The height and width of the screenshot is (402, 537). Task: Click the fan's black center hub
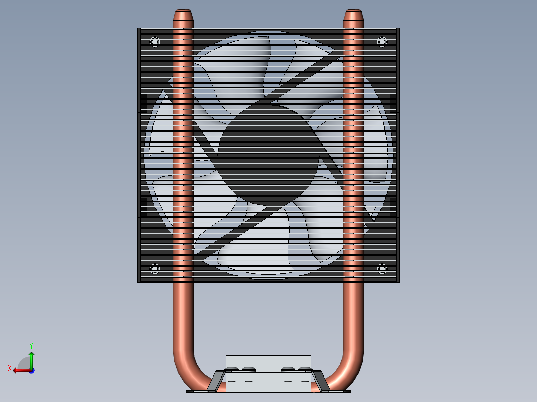pyautogui.click(x=268, y=154)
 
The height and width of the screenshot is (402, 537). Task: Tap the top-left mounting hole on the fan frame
pyautogui.click(x=154, y=42)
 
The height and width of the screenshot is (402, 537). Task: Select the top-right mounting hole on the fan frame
pyautogui.click(x=382, y=42)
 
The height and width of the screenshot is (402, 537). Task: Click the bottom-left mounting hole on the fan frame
pyautogui.click(x=154, y=269)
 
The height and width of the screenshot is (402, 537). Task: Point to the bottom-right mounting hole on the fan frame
pyautogui.click(x=382, y=269)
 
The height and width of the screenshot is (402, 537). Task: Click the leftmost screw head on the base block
pyautogui.click(x=232, y=369)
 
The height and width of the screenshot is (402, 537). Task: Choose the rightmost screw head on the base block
pyautogui.click(x=305, y=369)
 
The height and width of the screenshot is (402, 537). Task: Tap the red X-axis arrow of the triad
pyautogui.click(x=20, y=370)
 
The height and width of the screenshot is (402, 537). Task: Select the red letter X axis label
pyautogui.click(x=9, y=368)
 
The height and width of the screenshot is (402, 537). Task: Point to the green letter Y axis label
pyautogui.click(x=31, y=345)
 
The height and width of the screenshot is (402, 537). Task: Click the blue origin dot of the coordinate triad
pyautogui.click(x=31, y=371)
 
